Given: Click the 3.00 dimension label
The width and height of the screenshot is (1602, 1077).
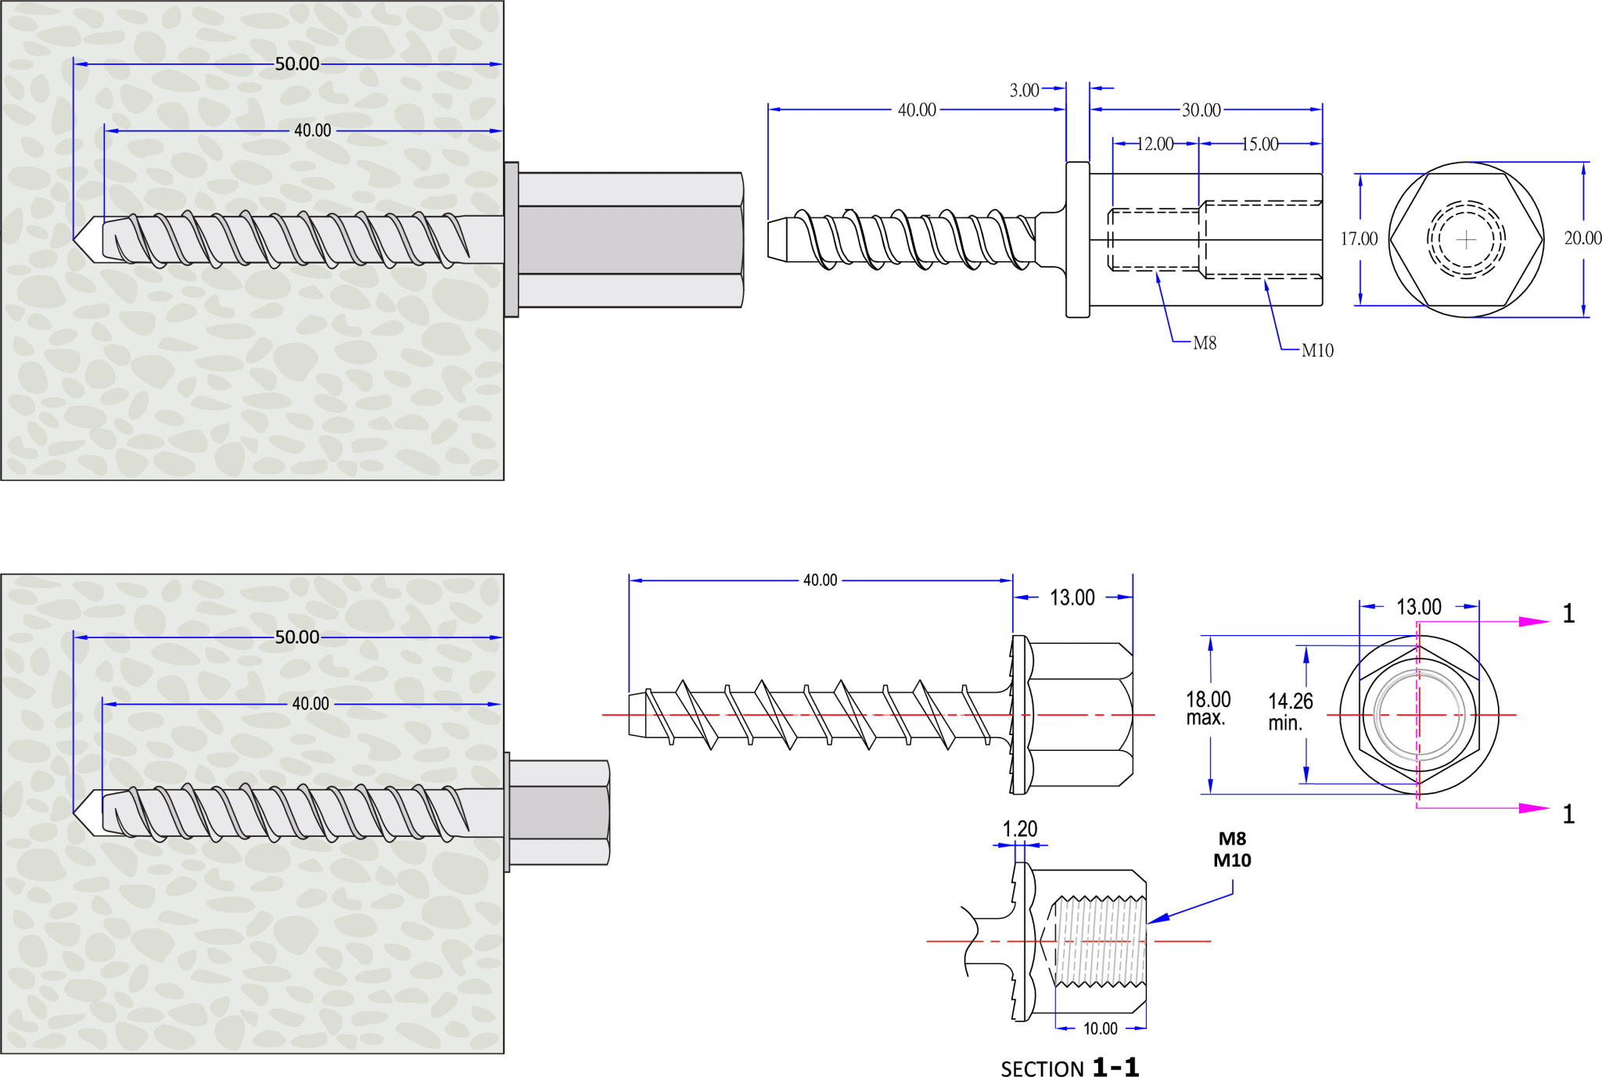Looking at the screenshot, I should [x=1024, y=90].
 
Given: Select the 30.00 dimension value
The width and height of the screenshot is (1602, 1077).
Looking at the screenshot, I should [x=1201, y=110].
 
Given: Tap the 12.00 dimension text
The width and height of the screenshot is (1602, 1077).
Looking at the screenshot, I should [x=1155, y=144].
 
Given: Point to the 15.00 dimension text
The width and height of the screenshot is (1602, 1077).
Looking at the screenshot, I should [x=1259, y=144].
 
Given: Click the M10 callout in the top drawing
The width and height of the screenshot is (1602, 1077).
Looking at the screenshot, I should [x=1317, y=351].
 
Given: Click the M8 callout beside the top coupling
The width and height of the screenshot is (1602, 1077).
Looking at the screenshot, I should [x=1205, y=343].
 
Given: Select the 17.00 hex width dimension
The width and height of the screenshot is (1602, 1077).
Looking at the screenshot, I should [x=1359, y=239].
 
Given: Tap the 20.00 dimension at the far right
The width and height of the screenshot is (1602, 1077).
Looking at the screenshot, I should [x=1582, y=239].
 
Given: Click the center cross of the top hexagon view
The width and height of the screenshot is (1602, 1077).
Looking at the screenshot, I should [x=1467, y=239].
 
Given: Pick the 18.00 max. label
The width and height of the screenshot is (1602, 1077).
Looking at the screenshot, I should [x=1208, y=708].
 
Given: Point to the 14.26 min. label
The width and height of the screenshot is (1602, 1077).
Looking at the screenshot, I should [x=1290, y=711].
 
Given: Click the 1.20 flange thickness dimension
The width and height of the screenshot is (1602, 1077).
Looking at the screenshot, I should [x=1020, y=829].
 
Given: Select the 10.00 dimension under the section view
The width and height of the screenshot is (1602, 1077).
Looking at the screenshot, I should [x=1100, y=1029].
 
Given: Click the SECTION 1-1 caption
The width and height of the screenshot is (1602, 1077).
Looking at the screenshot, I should [x=1069, y=1067].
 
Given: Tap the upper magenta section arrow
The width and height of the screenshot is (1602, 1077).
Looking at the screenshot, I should [x=1532, y=622].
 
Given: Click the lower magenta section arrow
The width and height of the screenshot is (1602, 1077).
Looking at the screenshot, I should [x=1532, y=808].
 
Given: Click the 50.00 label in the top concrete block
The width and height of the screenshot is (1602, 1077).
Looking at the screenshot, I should [x=297, y=64].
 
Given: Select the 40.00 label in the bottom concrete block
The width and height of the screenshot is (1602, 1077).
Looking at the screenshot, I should [x=311, y=704].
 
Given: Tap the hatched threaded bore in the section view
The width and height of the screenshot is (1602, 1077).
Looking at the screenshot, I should [x=1101, y=942].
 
